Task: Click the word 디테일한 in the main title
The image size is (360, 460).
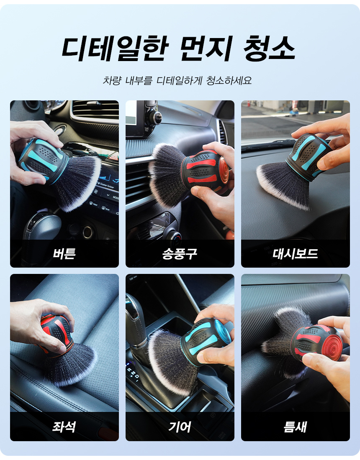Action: pyautogui.click(x=115, y=49)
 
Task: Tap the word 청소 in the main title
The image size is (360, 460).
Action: pyautogui.click(x=269, y=49)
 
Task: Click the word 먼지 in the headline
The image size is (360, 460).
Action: pyautogui.click(x=206, y=49)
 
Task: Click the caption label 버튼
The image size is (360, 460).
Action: pyautogui.click(x=64, y=253)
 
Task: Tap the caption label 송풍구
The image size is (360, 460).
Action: pyautogui.click(x=180, y=253)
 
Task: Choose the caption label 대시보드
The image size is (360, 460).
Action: pyautogui.click(x=296, y=253)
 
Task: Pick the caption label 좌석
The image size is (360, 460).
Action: pyautogui.click(x=64, y=427)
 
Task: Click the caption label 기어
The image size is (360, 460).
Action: pyautogui.click(x=180, y=427)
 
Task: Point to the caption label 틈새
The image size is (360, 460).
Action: pyautogui.click(x=296, y=427)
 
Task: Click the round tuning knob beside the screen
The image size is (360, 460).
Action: pyautogui.click(x=155, y=118)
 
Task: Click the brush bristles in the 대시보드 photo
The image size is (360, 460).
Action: pyautogui.click(x=284, y=184)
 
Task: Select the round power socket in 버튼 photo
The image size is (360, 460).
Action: pyautogui.click(x=88, y=232)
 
